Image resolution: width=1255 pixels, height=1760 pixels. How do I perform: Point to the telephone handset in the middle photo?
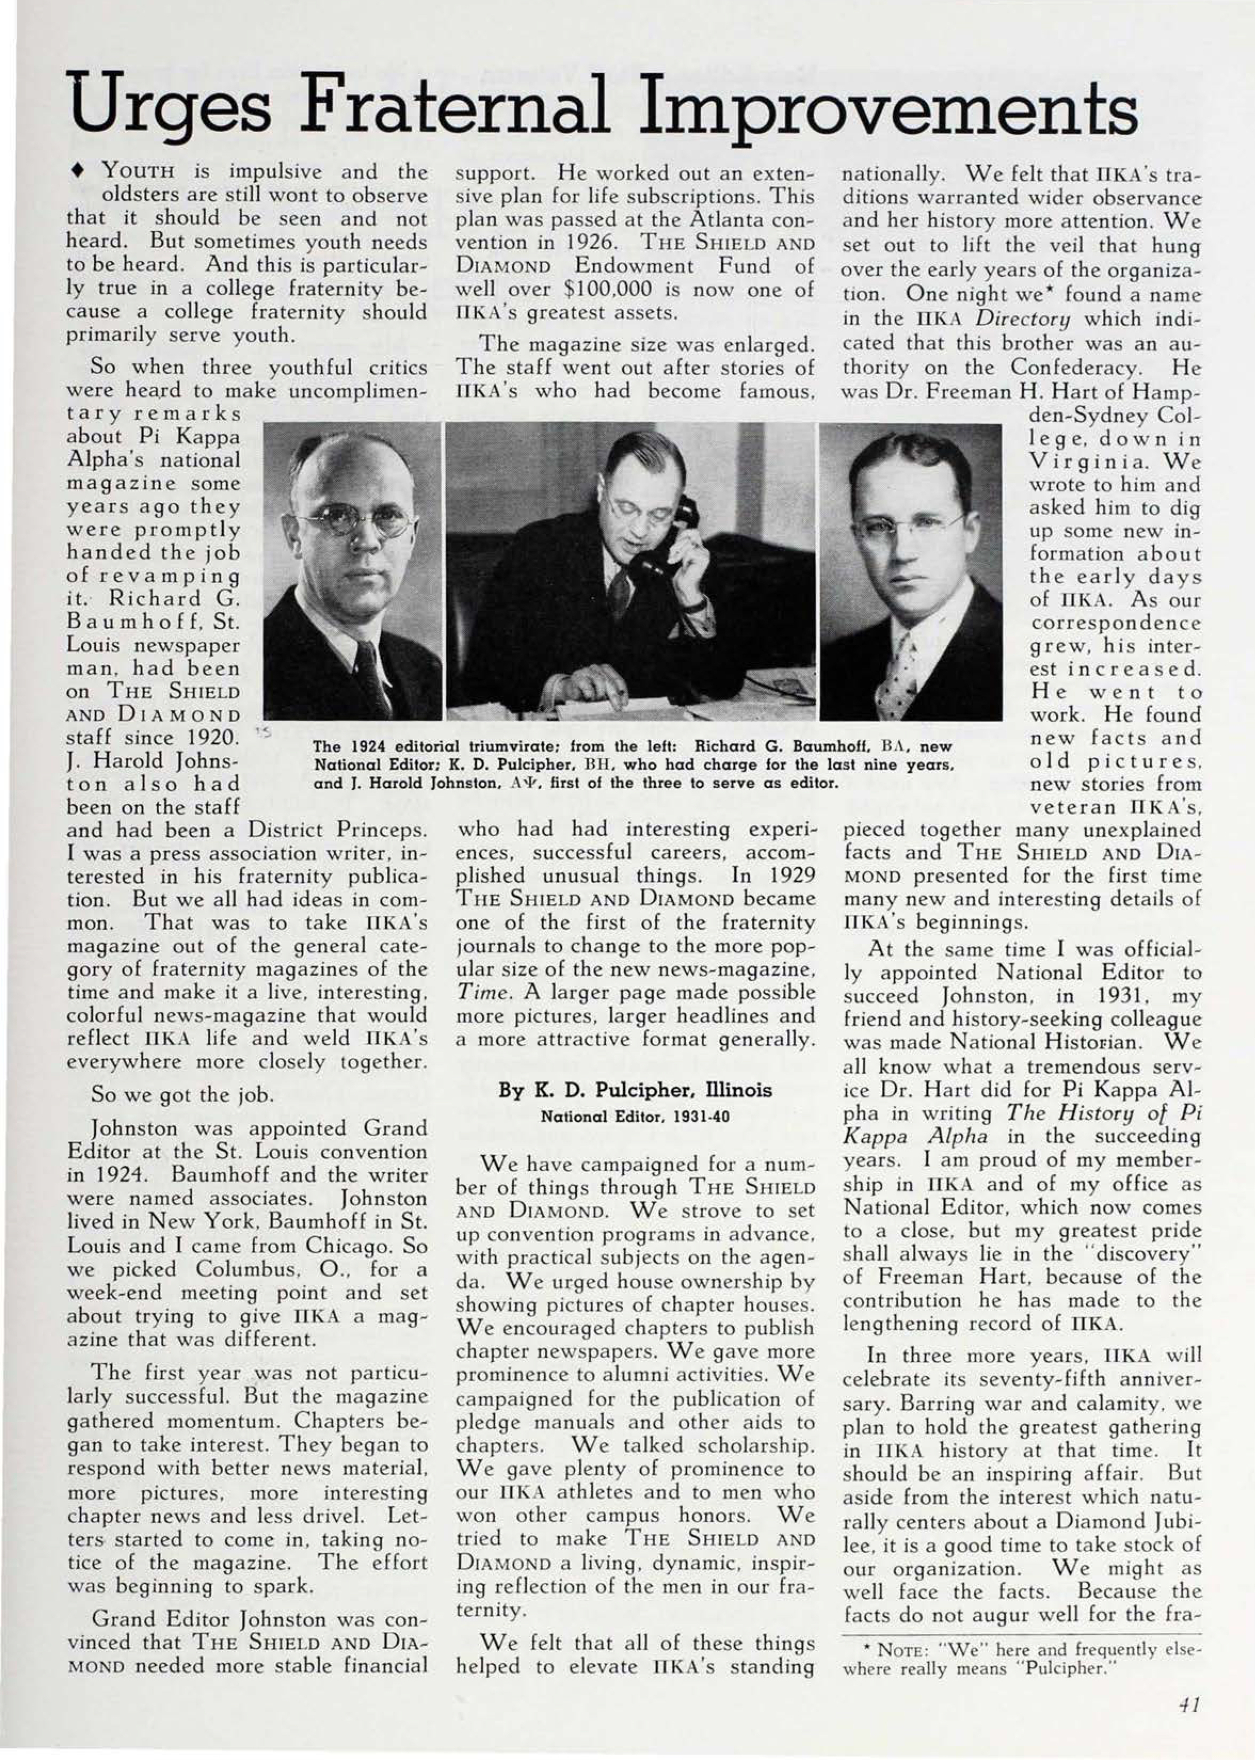(680, 533)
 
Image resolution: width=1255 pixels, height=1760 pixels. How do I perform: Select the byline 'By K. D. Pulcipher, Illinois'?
(634, 1090)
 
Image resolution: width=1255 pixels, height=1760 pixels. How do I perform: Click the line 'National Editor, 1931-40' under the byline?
(634, 1117)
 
